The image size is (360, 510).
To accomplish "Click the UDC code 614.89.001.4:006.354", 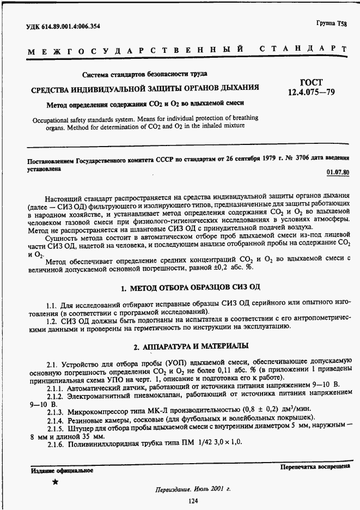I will pos(63,26).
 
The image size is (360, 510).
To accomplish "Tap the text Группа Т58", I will pos(331,23).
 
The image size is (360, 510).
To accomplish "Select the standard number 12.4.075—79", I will pos(312,93).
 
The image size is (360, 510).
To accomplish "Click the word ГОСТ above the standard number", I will pos(312,82).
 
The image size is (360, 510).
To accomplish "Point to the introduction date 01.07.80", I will pos(338,172).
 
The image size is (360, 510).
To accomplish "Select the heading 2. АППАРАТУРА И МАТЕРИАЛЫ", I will pos(192,346).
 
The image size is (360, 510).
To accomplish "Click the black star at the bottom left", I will pos(55,482).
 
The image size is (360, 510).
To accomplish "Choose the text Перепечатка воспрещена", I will pos(315,467).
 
